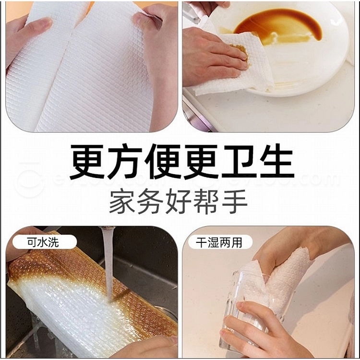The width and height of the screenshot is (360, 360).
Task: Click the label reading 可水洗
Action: point(43,242)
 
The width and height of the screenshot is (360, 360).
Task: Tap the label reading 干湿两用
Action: point(219,242)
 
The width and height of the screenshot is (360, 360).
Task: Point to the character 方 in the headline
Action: point(125,162)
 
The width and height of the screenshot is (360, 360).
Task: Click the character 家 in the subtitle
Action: point(122,202)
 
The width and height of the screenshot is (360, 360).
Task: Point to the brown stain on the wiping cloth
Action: point(241,52)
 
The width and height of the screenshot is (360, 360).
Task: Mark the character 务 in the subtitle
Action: point(150,202)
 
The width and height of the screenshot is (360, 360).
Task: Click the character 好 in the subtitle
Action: point(178,202)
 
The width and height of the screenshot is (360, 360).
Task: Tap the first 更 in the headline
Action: point(87,162)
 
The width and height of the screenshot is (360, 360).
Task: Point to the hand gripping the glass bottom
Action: point(259,331)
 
